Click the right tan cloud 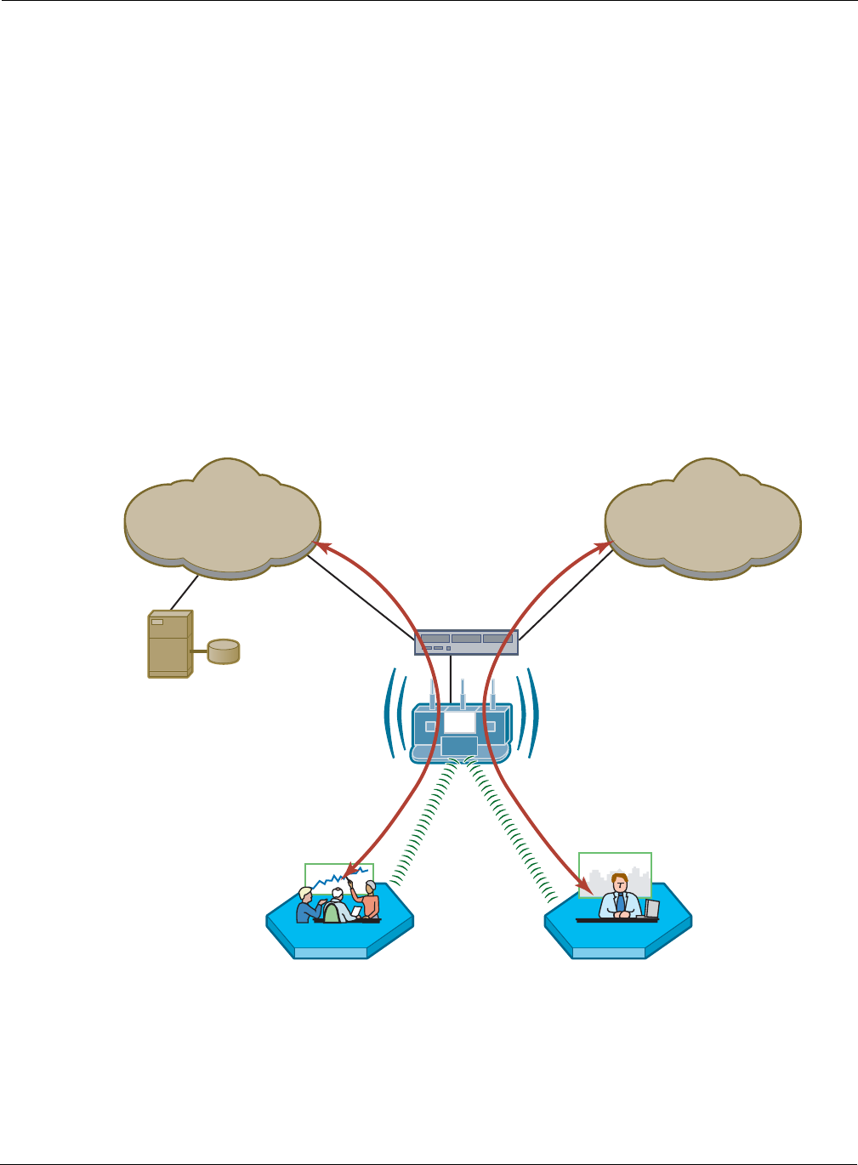coord(702,519)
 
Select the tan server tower coord(168,643)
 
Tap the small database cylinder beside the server coord(224,651)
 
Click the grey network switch coord(466,642)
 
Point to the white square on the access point coord(459,722)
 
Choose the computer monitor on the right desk coord(652,908)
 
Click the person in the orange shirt coord(369,901)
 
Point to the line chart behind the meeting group coord(338,878)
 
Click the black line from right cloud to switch coord(565,593)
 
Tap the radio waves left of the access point coord(393,713)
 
